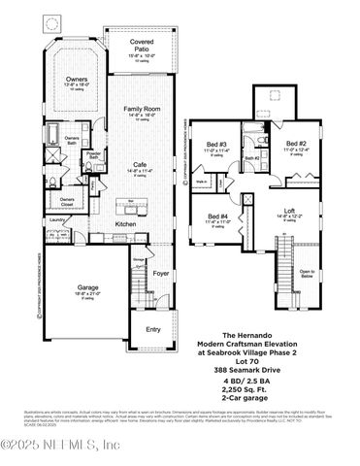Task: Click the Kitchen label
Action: click(x=126, y=224)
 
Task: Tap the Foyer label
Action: click(x=160, y=274)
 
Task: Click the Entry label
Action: click(x=154, y=329)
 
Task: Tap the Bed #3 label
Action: click(x=216, y=145)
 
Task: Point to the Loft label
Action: click(x=287, y=209)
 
